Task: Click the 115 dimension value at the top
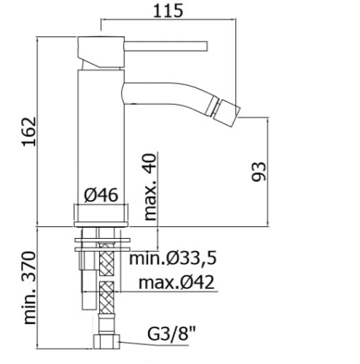tap(168, 11)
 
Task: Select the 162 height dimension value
tap(29, 132)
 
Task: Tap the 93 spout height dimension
tap(259, 172)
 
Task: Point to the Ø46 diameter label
tap(101, 195)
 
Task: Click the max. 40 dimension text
tap(150, 187)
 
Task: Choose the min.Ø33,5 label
tap(173, 258)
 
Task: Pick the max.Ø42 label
tap(176, 282)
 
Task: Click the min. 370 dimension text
tap(29, 288)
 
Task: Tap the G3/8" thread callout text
tap(171, 334)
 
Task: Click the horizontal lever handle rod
tap(166, 47)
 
